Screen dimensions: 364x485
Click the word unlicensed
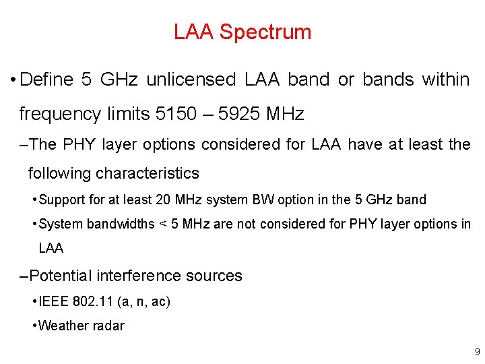coord(191,80)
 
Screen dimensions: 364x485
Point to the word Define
coord(46,80)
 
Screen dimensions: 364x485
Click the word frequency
coord(61,114)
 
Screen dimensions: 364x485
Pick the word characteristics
coord(148,173)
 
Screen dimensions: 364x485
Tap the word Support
coord(61,200)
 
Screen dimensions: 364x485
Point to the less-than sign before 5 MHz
coord(162,224)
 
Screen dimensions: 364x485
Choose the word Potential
coord(61,276)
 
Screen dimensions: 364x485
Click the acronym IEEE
coord(52,301)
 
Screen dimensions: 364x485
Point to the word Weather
coord(63,326)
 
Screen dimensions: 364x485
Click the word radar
coord(108,326)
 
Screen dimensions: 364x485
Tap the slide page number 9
coord(477,352)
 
